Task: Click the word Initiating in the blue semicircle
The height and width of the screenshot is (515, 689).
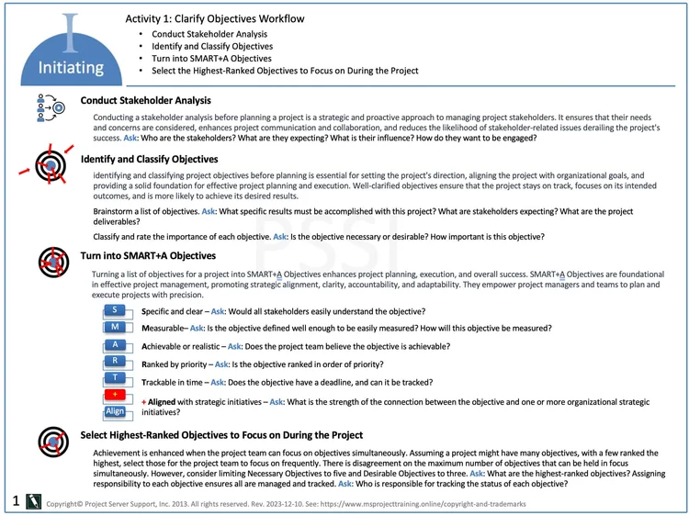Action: click(x=71, y=68)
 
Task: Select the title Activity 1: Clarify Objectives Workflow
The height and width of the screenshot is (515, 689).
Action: click(x=214, y=18)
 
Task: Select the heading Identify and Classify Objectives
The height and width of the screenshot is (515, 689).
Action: click(x=149, y=159)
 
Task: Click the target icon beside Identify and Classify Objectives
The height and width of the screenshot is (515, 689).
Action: click(x=51, y=164)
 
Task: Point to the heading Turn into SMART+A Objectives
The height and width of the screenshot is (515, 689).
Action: click(x=148, y=255)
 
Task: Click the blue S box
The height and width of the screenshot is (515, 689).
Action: click(x=115, y=310)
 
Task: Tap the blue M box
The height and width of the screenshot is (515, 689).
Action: click(x=115, y=328)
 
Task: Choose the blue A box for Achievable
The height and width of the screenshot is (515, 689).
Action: click(x=115, y=345)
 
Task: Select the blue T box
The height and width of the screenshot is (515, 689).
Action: click(x=115, y=378)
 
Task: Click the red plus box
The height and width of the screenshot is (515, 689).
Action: click(x=115, y=395)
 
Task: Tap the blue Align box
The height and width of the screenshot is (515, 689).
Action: click(x=115, y=411)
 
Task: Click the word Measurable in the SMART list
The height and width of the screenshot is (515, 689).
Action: click(x=166, y=329)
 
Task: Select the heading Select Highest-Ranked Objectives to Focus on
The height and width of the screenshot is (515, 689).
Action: click(x=221, y=435)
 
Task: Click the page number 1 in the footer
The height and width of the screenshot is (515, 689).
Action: click(x=16, y=500)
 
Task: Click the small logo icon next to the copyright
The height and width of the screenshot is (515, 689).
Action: click(x=34, y=501)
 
